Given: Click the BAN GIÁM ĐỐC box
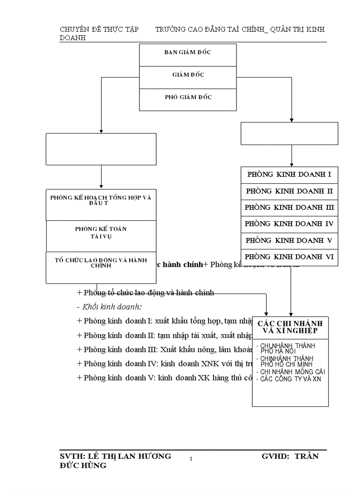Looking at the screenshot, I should coord(187,52).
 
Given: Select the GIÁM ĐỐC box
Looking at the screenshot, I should coord(187,75).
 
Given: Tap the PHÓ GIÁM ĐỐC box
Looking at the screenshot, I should coord(187,97).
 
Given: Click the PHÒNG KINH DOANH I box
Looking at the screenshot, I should coord(289,175).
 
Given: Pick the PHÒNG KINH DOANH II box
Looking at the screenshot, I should coord(289,191).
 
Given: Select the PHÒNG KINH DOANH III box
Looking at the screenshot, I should coord(289,208).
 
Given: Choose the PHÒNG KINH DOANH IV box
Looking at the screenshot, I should coord(289,224).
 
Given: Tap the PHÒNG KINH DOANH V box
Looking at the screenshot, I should coord(289,241).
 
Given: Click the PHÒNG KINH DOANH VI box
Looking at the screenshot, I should coord(289,257).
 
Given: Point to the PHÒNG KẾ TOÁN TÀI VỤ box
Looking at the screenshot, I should coord(101,233).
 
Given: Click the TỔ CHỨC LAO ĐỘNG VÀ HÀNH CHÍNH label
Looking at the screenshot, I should coord(101,263).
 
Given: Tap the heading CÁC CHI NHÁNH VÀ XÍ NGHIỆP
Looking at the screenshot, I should coord(290,327).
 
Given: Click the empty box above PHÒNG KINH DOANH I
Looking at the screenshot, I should coord(289,134).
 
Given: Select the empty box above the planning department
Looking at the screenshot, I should coord(101,149).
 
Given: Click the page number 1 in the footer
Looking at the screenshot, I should coord(191,459).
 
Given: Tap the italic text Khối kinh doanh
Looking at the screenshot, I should coord(115,307).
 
